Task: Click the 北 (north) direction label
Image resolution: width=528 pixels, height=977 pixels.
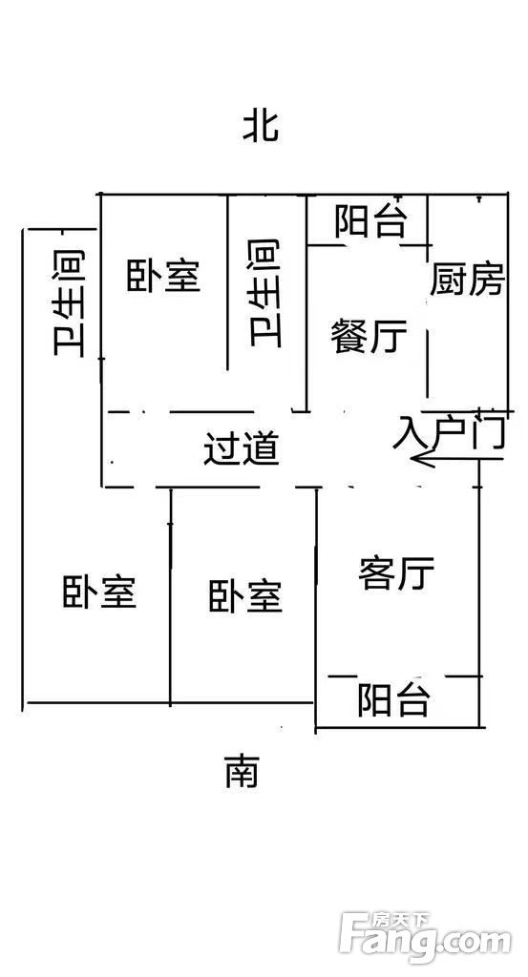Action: (x=261, y=126)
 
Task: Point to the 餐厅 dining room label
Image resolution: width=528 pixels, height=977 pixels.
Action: (x=370, y=336)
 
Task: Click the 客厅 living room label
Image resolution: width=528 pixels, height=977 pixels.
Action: (x=396, y=573)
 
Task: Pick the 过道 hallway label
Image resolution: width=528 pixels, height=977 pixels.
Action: (x=242, y=448)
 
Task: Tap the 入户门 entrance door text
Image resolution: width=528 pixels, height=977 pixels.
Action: (x=449, y=429)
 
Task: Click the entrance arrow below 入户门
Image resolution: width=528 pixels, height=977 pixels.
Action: (x=457, y=459)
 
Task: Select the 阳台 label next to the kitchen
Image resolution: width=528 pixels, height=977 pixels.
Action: (x=371, y=220)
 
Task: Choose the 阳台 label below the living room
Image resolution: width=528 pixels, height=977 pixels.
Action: (x=393, y=699)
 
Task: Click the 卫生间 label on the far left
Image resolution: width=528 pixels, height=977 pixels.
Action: (x=69, y=303)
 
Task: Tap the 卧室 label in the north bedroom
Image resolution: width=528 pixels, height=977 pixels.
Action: (x=163, y=276)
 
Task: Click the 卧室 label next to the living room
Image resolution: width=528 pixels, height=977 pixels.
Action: (x=245, y=595)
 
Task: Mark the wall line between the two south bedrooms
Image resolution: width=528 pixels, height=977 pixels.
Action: (x=170, y=597)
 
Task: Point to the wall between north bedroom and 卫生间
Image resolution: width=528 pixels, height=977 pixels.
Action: (x=227, y=282)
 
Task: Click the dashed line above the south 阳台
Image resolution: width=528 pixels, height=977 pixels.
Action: (x=405, y=676)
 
